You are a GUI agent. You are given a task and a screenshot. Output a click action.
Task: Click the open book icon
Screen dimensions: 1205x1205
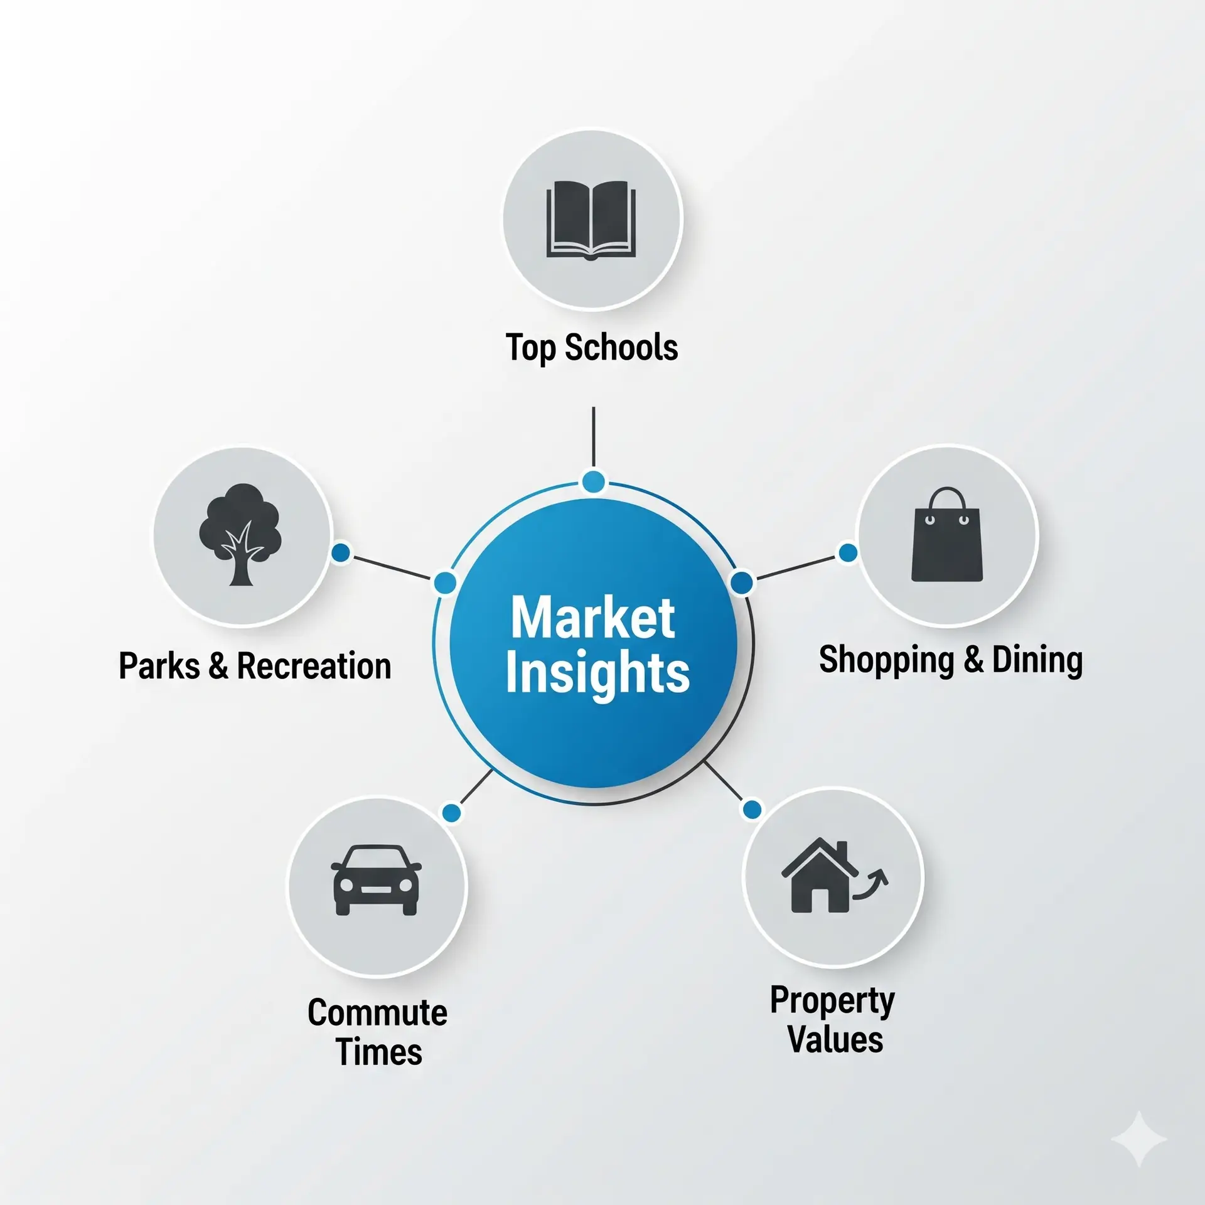click(x=591, y=220)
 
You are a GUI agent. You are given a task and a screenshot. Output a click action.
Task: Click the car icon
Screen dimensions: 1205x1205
click(x=377, y=879)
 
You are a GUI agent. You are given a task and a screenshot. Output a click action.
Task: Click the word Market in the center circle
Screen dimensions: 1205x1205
click(x=593, y=618)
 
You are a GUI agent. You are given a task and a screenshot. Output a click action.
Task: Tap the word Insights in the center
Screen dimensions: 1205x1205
click(x=597, y=673)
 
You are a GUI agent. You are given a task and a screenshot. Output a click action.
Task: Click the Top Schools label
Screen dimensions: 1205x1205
click(x=592, y=348)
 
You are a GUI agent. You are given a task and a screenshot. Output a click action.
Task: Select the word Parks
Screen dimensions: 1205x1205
click(x=159, y=666)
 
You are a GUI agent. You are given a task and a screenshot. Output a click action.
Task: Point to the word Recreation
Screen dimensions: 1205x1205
click(x=314, y=666)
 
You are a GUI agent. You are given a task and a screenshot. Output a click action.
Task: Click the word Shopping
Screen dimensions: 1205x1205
click(x=886, y=660)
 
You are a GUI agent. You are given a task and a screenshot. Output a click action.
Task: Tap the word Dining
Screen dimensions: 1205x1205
click(x=1037, y=660)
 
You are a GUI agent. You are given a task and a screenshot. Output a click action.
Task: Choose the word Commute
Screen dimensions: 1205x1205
click(x=377, y=1013)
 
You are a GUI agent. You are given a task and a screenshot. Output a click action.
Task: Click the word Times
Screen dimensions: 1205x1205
click(x=378, y=1052)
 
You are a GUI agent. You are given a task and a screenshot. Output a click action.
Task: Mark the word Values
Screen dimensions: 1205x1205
click(x=835, y=1040)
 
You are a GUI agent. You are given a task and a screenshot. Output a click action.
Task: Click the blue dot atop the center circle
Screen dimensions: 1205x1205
click(x=593, y=482)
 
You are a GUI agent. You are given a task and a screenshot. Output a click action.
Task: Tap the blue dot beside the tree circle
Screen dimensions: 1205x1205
click(x=341, y=553)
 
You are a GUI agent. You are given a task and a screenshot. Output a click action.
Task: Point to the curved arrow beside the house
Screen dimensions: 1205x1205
click(x=872, y=886)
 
